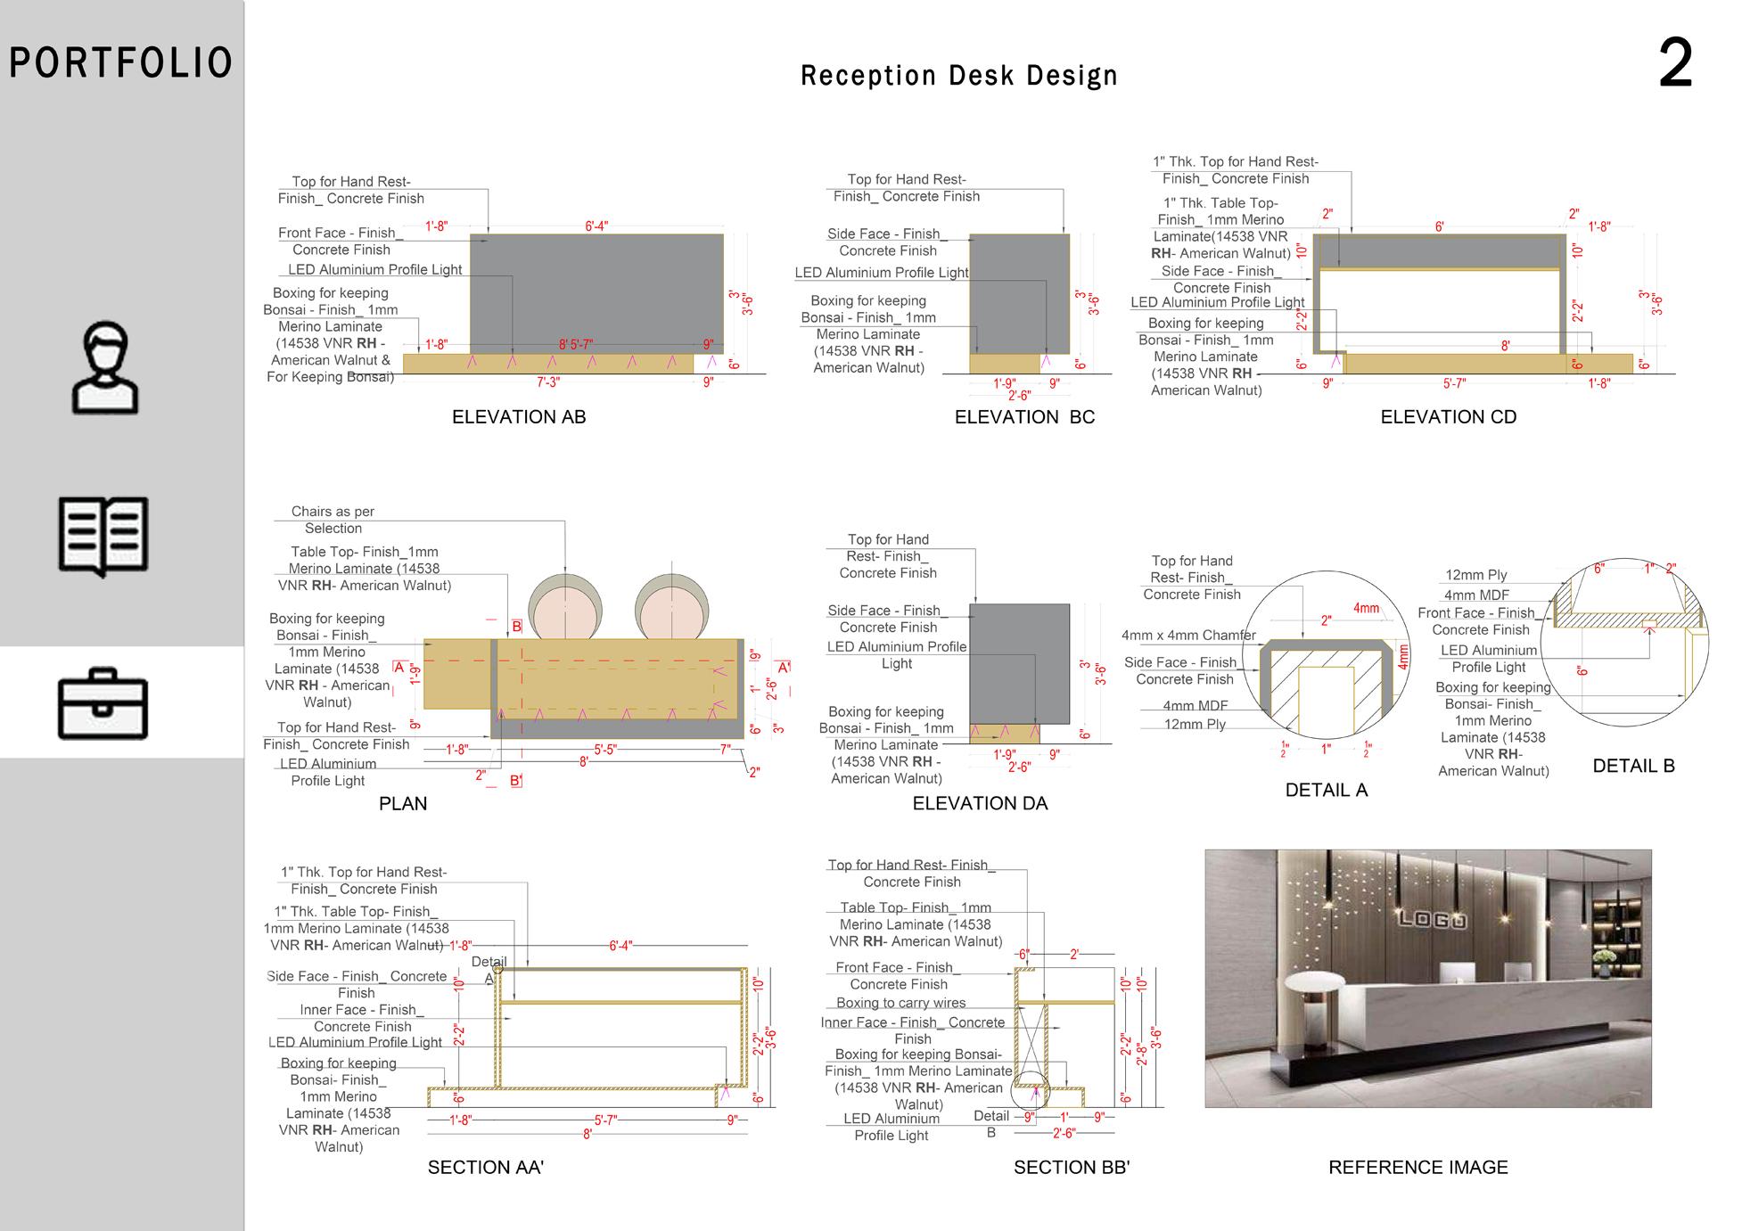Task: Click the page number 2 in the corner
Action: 1674,64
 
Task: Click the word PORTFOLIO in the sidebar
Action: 121,63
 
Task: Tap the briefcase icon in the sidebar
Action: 103,703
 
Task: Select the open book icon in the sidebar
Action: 103,536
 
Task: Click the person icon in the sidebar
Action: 105,368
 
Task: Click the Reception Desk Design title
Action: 959,76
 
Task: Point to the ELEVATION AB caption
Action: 519,417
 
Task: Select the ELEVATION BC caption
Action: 1024,417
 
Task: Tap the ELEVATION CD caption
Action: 1448,417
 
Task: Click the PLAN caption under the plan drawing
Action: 403,804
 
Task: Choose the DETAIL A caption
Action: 1326,790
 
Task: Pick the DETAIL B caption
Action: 1633,766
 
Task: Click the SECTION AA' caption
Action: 486,1168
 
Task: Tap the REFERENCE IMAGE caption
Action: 1417,1168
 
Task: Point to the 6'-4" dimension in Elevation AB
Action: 596,226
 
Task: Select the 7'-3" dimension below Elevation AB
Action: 548,382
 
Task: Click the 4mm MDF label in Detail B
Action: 1476,595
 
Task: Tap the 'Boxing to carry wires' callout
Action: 900,1003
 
